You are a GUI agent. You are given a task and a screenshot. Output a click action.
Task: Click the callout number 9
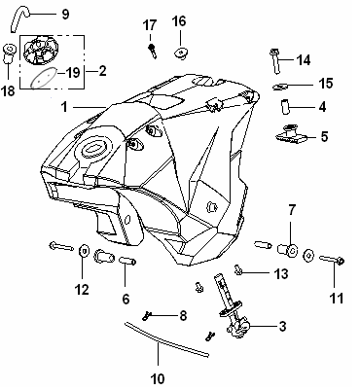65,14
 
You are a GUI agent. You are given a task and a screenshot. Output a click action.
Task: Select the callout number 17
150,25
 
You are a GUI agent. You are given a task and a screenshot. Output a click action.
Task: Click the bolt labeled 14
275,61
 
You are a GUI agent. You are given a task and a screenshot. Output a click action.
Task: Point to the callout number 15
326,84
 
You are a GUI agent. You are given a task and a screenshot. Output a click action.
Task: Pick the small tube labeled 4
285,107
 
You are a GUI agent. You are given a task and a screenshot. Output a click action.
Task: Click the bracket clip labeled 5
292,134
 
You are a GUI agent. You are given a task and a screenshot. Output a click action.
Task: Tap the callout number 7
292,210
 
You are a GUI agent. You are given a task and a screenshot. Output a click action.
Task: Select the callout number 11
337,298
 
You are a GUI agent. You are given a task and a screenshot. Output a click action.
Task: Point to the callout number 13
281,273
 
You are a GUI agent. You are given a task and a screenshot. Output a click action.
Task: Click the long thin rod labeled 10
166,339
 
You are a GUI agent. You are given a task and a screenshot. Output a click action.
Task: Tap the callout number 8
183,315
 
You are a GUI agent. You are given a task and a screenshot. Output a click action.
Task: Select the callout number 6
126,299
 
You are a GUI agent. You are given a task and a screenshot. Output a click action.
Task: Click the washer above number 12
84,250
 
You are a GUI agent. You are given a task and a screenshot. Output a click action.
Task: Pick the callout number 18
8,91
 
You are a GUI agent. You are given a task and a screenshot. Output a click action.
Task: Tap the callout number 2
102,71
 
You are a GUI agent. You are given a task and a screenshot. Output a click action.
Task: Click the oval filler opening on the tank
94,149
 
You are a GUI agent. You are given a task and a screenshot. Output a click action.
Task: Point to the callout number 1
65,107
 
